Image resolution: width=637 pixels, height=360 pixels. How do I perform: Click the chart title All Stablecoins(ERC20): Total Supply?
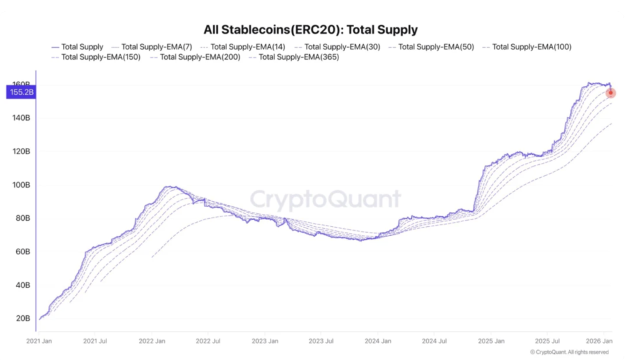tap(310, 29)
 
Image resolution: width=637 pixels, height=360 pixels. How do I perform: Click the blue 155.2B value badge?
tap(20, 93)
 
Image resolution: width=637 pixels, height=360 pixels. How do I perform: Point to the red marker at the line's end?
tap(611, 93)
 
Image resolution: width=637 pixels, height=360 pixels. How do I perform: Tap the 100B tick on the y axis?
tap(21, 185)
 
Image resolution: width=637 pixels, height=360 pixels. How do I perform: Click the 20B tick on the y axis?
tap(23, 318)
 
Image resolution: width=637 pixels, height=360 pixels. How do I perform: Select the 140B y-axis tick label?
tap(21, 118)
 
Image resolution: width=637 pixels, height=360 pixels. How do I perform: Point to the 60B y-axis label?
tap(23, 252)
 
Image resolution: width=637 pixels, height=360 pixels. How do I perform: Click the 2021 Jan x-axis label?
tap(39, 341)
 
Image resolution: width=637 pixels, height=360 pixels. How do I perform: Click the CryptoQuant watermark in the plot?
tap(325, 200)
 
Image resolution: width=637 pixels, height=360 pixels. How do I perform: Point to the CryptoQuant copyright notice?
tap(569, 352)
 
